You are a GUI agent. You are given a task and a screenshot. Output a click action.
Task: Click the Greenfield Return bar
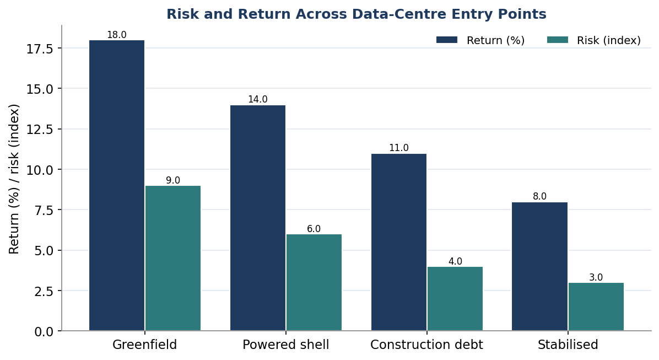pyautogui.click(x=117, y=185)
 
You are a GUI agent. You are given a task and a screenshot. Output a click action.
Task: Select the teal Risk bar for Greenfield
pyautogui.click(x=173, y=258)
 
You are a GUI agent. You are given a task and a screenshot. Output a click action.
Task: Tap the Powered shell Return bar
pyautogui.click(x=258, y=218)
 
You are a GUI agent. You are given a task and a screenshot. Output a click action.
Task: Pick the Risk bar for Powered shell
pyautogui.click(x=314, y=283)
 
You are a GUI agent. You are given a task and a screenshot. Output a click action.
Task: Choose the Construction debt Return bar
pyautogui.click(x=399, y=242)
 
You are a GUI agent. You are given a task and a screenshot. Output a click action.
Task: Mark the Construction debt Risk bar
pyautogui.click(x=455, y=299)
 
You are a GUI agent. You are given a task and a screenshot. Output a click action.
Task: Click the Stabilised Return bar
pyautogui.click(x=539, y=267)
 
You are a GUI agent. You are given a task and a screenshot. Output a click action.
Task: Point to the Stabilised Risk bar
pyautogui.click(x=596, y=307)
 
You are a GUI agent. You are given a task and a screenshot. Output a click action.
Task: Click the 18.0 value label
pyautogui.click(x=117, y=35)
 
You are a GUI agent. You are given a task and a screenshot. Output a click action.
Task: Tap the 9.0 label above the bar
pyautogui.click(x=172, y=180)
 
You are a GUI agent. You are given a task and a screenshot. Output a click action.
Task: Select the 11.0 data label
pyautogui.click(x=399, y=148)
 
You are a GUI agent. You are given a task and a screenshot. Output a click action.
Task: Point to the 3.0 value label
pyautogui.click(x=596, y=277)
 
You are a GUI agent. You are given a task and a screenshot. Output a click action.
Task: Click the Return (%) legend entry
pyautogui.click(x=481, y=40)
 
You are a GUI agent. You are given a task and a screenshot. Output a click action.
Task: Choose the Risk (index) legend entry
pyautogui.click(x=594, y=40)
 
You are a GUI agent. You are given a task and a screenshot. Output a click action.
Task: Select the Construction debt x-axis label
pyautogui.click(x=426, y=345)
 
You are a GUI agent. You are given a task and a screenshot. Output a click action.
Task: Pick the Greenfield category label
pyautogui.click(x=144, y=345)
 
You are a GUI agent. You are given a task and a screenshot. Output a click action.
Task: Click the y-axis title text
pyautogui.click(x=14, y=179)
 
